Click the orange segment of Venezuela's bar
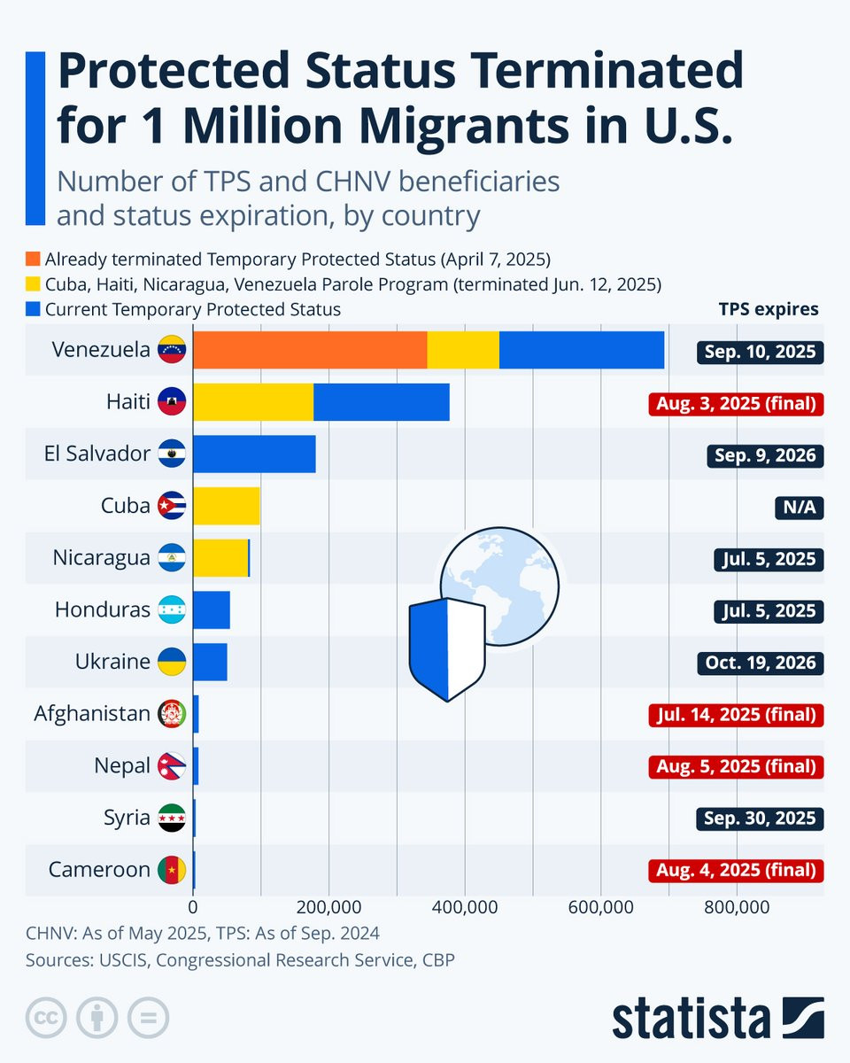pos(310,350)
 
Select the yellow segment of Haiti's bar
pos(253,402)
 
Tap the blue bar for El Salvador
pos(254,454)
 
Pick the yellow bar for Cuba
pos(226,506)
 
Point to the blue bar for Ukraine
pos(210,662)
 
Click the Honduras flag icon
pos(171,610)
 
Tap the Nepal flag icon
pos(171,766)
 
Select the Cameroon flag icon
pos(171,870)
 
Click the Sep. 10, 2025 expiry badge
pos(761,352)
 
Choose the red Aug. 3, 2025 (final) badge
pos(736,404)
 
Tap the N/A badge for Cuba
pos(798,508)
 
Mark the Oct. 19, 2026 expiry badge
pos(761,663)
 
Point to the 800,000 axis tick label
pos(737,907)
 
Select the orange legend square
pos(34,260)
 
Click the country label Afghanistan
pos(92,713)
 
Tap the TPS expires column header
pos(769,309)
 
